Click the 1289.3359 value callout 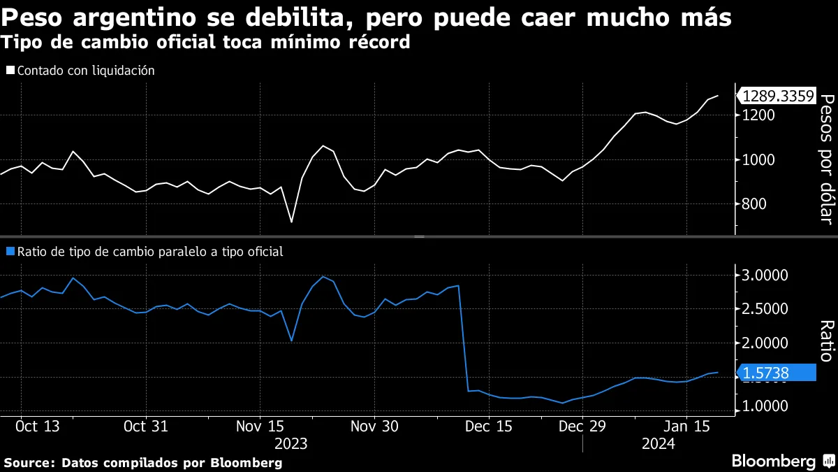pos(777,96)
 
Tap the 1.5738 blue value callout pos(777,373)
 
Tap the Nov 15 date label pos(259,425)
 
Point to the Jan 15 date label pos(685,425)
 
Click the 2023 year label pos(291,443)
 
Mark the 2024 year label pos(657,443)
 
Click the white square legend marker pos(9,71)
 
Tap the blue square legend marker pos(9,252)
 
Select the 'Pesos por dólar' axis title pos(826,159)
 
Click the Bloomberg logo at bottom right pos(774,461)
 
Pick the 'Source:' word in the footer pos(30,463)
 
